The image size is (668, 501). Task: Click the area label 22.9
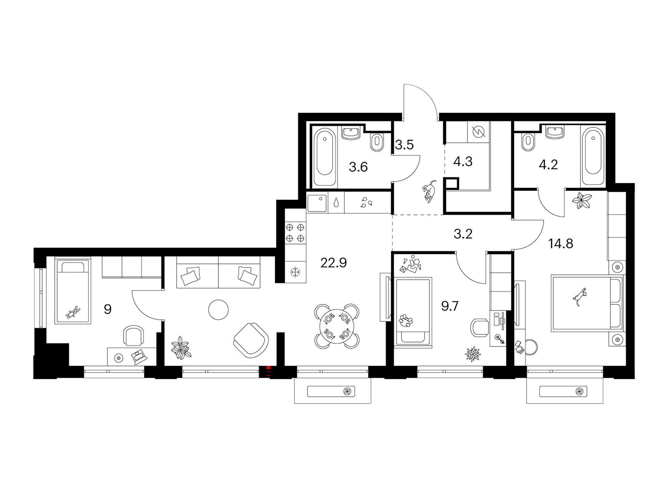tap(333, 263)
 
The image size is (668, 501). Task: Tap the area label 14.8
tap(560, 244)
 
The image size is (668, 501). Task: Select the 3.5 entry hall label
tap(404, 145)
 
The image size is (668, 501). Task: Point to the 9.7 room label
tap(450, 306)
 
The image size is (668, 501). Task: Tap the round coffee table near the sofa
tap(218, 310)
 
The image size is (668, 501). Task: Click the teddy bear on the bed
tap(73, 312)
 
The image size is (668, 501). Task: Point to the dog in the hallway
tap(429, 192)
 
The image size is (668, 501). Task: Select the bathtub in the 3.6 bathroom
tap(324, 156)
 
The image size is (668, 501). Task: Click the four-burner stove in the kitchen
tap(295, 233)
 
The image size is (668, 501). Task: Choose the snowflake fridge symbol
tap(295, 272)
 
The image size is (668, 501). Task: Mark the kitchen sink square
tap(317, 203)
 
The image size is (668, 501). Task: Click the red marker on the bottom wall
tap(268, 372)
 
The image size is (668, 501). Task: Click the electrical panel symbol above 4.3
tap(478, 132)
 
